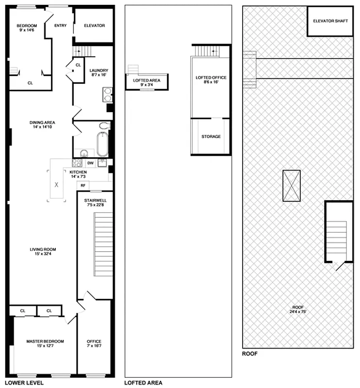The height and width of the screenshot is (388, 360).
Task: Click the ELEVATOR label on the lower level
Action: tap(94, 26)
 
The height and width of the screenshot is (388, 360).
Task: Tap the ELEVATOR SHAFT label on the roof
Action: tap(330, 21)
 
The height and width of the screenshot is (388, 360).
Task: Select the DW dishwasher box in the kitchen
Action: tap(90, 163)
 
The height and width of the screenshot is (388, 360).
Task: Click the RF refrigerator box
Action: tap(83, 185)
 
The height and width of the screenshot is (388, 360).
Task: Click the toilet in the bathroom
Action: tap(105, 126)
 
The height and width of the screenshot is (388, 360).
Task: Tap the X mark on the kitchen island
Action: tap(56, 185)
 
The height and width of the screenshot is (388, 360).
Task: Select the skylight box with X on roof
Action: tap(291, 185)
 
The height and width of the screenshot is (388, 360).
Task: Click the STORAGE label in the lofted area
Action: tap(211, 137)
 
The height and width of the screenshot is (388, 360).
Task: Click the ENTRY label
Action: tap(61, 26)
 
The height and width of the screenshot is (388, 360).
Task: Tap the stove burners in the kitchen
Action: tap(77, 163)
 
